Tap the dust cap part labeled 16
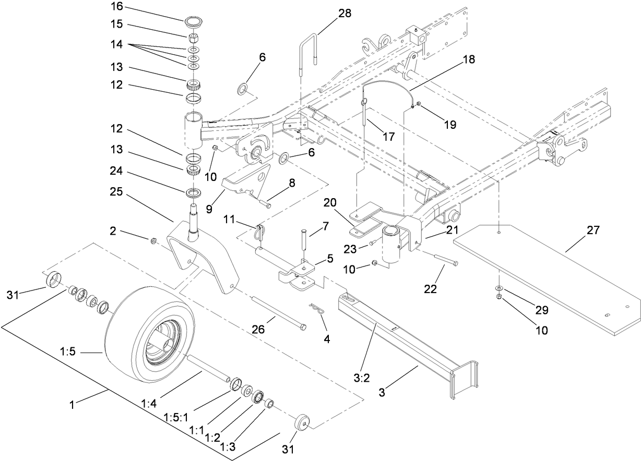pyautogui.click(x=193, y=23)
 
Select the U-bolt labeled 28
pyautogui.click(x=308, y=49)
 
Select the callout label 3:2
pyautogui.click(x=362, y=379)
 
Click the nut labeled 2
pyautogui.click(x=154, y=240)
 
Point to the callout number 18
pyautogui.click(x=468, y=59)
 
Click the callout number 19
pyautogui.click(x=449, y=125)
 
